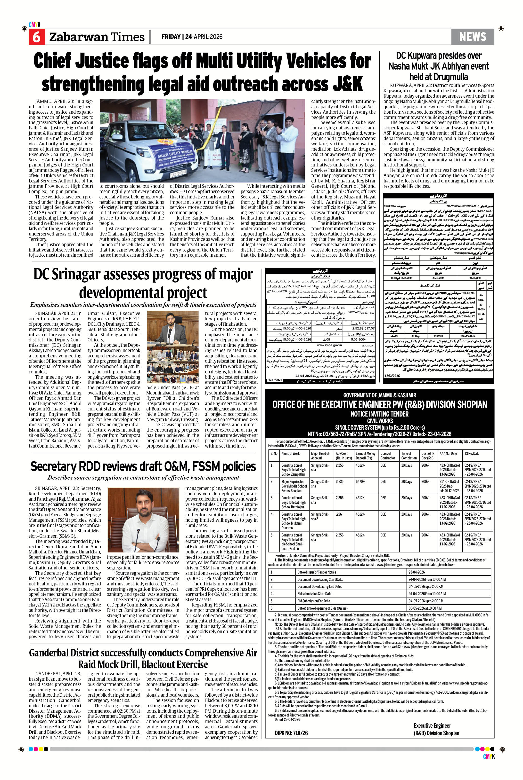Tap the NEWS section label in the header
pyautogui.click(x=473, y=37)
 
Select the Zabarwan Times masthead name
pyautogui.click(x=97, y=37)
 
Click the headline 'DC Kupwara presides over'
pyautogui.click(x=439, y=56)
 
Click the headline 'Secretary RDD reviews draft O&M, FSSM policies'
pyautogui.click(x=143, y=466)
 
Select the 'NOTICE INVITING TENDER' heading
pyautogui.click(x=379, y=414)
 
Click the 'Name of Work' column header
pyautogui.click(x=291, y=453)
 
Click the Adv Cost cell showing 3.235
pyautogui.click(x=340, y=481)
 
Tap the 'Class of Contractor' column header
pyautogui.click(x=388, y=456)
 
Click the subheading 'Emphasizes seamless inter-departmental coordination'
pyautogui.click(x=143, y=305)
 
